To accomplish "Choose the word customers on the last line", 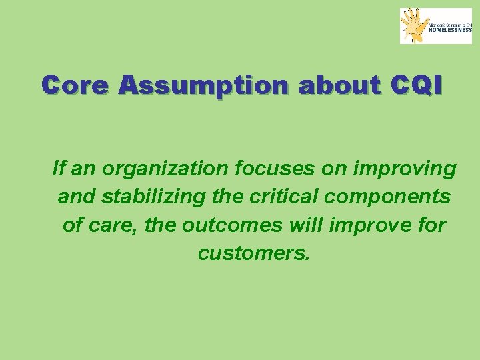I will pos(253,253).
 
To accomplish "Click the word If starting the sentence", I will pos(59,169).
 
